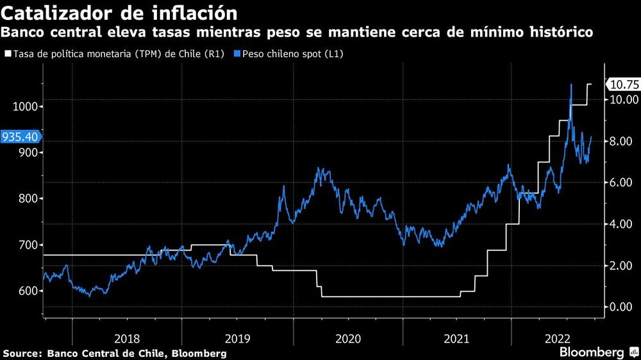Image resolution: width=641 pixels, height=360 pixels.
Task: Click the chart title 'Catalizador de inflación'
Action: (x=114, y=13)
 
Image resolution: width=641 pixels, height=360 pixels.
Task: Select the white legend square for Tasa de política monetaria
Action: (x=8, y=54)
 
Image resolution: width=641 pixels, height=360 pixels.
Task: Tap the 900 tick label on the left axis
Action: (x=27, y=152)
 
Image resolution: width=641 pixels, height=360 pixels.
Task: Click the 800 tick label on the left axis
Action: (x=27, y=199)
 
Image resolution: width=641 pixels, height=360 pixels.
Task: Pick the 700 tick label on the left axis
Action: (x=27, y=245)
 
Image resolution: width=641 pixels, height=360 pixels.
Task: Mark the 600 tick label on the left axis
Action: (x=27, y=291)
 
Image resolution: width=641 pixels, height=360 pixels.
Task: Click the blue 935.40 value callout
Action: (x=21, y=136)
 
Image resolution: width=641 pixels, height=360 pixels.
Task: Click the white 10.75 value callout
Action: (x=622, y=84)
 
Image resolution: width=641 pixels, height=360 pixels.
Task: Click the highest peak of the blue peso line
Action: (x=571, y=85)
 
